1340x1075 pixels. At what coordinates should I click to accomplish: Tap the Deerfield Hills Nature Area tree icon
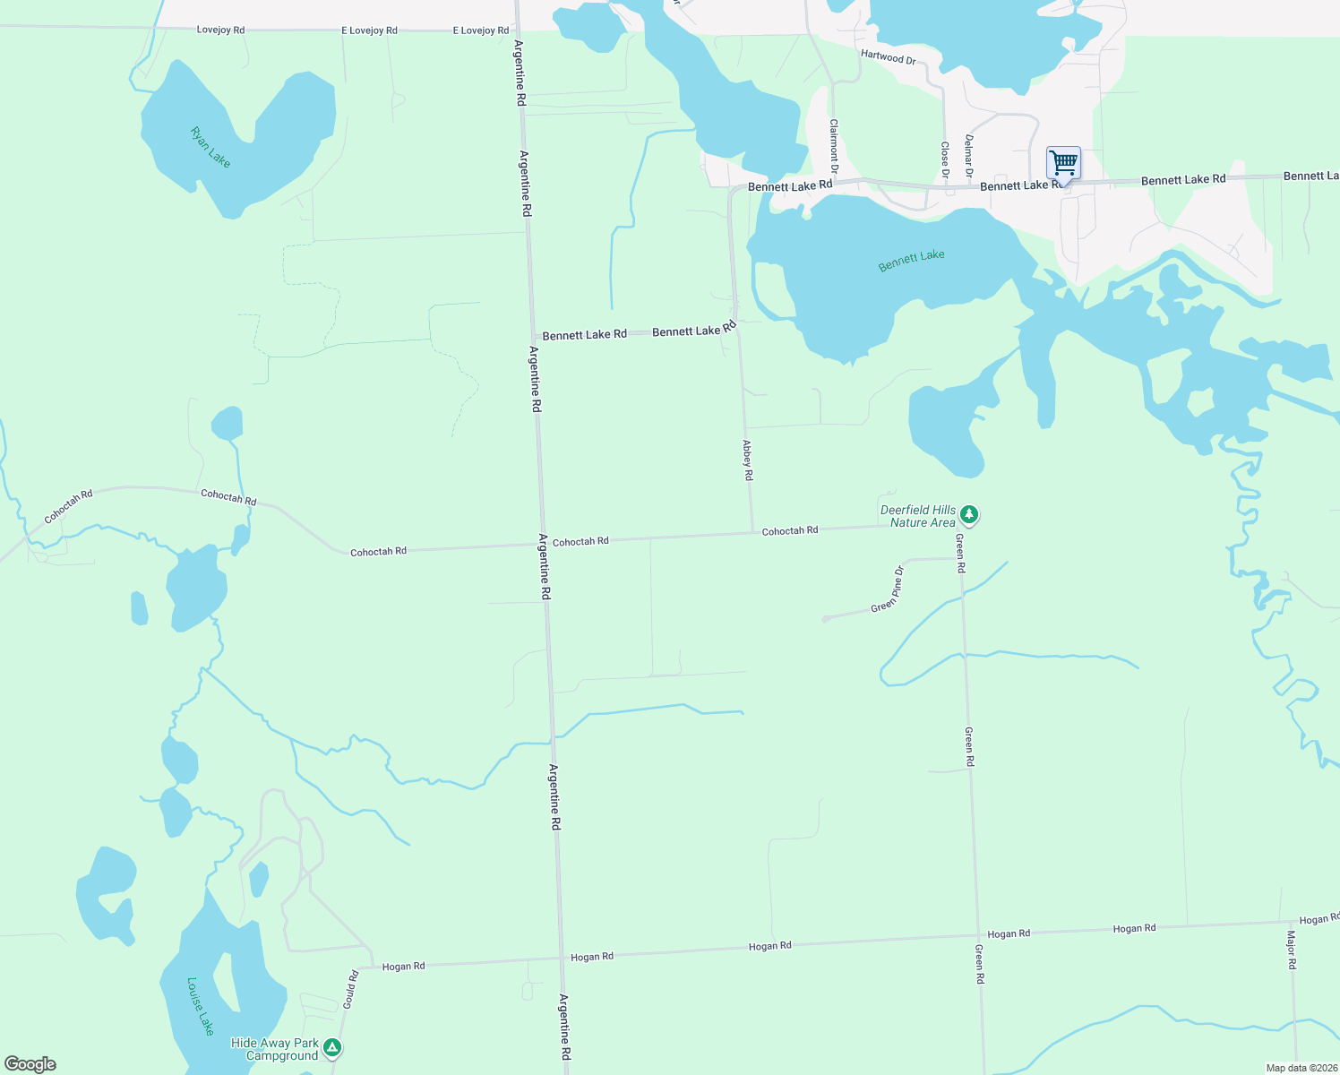pyautogui.click(x=968, y=515)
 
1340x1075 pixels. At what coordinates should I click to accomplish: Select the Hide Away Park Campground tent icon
pyautogui.click(x=332, y=1047)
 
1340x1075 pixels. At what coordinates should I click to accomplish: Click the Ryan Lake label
pyautogui.click(x=210, y=147)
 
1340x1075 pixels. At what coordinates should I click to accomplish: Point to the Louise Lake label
pyautogui.click(x=201, y=1005)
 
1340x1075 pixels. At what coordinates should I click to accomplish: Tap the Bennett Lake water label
pyautogui.click(x=911, y=261)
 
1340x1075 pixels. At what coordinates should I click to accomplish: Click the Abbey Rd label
pyautogui.click(x=748, y=460)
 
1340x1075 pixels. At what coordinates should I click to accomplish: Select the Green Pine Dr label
pyautogui.click(x=888, y=589)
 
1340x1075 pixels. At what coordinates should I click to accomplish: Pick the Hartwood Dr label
pyautogui.click(x=888, y=56)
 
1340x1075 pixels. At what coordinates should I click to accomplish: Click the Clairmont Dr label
pyautogui.click(x=834, y=146)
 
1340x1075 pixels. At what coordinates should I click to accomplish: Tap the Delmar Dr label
pyautogui.click(x=968, y=155)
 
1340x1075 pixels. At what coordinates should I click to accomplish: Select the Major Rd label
pyautogui.click(x=1292, y=950)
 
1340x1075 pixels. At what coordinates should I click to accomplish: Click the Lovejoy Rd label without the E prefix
pyautogui.click(x=220, y=30)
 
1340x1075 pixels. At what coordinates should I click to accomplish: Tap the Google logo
pyautogui.click(x=30, y=1064)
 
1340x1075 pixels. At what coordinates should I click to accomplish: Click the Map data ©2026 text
pyautogui.click(x=1301, y=1068)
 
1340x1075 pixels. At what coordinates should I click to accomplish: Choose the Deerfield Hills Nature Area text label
pyautogui.click(x=918, y=516)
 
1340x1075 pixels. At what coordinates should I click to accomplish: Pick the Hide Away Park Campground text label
pyautogui.click(x=275, y=1049)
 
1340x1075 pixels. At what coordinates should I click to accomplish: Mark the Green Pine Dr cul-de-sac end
pyautogui.click(x=825, y=619)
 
